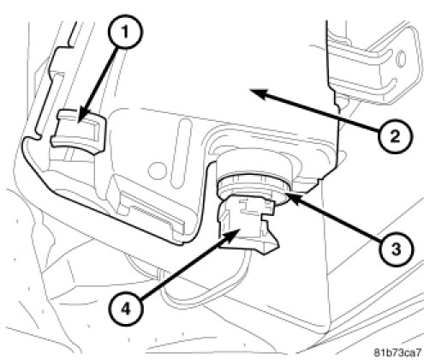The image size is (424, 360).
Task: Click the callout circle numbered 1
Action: click(125, 32)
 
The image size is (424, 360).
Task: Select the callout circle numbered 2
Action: click(396, 136)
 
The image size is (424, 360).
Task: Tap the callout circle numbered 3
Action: click(396, 249)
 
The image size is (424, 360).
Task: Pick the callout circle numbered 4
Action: click(126, 309)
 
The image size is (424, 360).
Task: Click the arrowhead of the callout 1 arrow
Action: click(83, 117)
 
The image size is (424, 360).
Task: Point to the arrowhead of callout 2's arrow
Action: click(259, 93)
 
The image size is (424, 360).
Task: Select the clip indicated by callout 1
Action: click(79, 132)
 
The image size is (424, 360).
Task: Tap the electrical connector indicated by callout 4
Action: click(247, 225)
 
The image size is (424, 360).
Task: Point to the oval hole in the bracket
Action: click(402, 58)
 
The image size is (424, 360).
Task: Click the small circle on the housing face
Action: click(157, 170)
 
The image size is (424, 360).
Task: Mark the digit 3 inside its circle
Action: click(396, 249)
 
